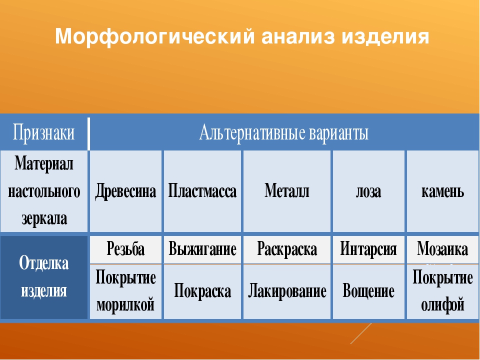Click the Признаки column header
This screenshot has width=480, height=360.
click(x=44, y=133)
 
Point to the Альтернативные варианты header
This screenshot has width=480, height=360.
click(x=284, y=133)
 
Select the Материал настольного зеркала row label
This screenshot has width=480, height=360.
click(x=44, y=191)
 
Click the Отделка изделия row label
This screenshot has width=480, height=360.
click(x=44, y=276)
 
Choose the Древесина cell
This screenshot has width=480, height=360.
click(x=126, y=191)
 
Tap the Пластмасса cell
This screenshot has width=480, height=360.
click(x=202, y=191)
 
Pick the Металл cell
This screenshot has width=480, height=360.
click(x=287, y=191)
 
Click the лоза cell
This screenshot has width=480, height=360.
click(x=368, y=191)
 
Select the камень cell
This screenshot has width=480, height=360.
click(x=442, y=191)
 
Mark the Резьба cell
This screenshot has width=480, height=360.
click(x=126, y=249)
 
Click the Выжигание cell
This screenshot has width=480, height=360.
click(x=202, y=249)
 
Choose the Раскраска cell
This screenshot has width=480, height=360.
click(x=287, y=249)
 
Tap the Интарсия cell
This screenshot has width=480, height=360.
click(x=368, y=249)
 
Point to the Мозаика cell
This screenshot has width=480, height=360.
click(x=442, y=249)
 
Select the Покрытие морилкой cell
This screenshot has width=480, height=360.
click(x=126, y=291)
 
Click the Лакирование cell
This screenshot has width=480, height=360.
click(x=287, y=291)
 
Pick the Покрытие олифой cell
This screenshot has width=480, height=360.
click(x=442, y=291)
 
